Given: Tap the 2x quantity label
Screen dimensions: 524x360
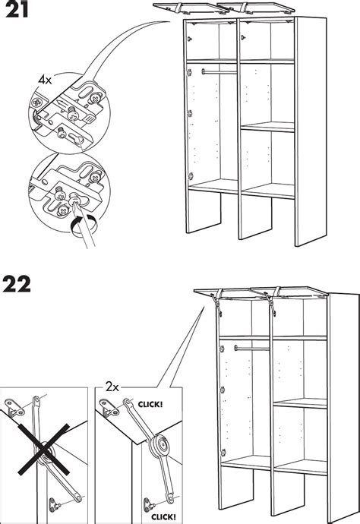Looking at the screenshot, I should (x=112, y=387).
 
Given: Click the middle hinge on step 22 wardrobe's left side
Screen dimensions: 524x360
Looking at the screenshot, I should (x=221, y=390).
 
